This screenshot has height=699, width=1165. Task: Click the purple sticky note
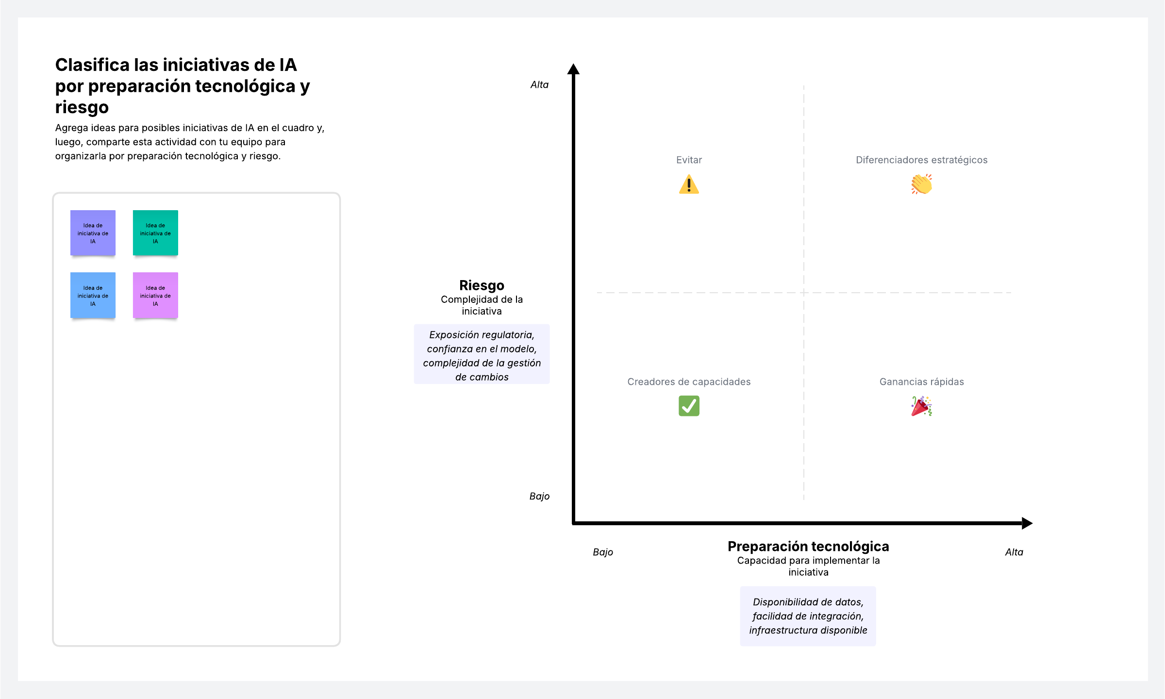click(93, 233)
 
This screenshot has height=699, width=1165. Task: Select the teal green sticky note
click(155, 233)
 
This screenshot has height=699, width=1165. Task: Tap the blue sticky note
click(93, 296)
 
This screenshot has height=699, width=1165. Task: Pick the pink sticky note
click(155, 296)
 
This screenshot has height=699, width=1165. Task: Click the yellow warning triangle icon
click(689, 184)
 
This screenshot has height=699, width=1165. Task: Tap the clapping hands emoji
click(921, 184)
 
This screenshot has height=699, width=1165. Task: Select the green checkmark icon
click(689, 406)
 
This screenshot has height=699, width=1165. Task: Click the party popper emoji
click(921, 406)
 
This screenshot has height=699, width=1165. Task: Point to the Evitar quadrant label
click(689, 160)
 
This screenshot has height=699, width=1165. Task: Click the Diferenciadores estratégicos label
click(921, 160)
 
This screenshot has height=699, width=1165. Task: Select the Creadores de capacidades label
click(689, 382)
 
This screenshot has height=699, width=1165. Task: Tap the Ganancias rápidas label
click(921, 382)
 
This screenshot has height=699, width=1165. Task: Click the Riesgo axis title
click(482, 285)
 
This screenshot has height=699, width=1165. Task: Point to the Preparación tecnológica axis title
click(808, 547)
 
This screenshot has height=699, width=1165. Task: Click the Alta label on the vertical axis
click(539, 84)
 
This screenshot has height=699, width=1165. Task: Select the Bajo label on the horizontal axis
click(603, 552)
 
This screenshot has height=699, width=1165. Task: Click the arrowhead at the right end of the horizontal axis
click(1027, 523)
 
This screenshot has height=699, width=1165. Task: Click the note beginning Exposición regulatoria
click(482, 354)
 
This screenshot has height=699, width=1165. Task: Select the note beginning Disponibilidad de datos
click(808, 616)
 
